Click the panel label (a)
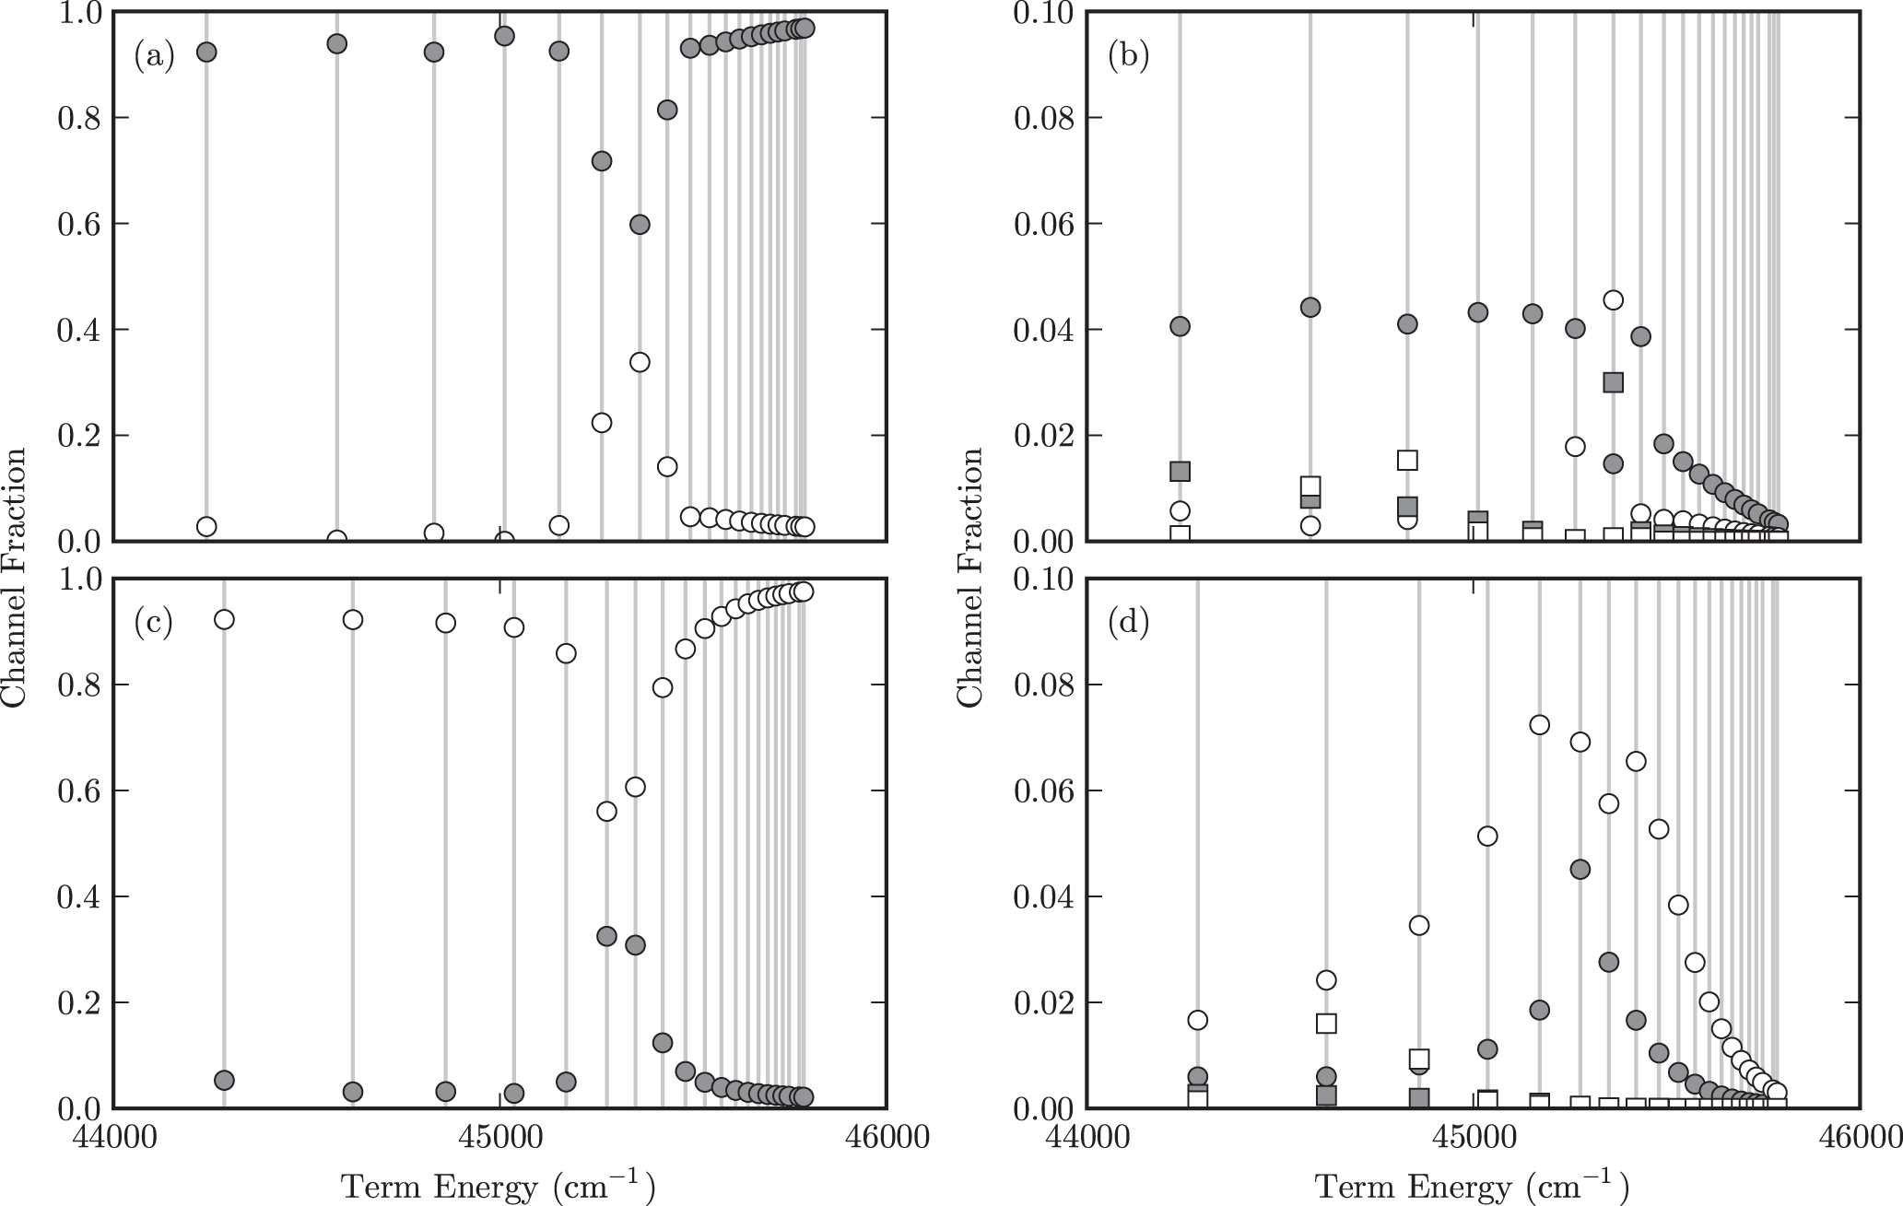coord(154,57)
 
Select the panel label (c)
coord(153,624)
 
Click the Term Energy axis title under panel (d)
coord(1472,1186)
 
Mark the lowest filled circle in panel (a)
coord(640,225)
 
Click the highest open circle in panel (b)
coord(1613,299)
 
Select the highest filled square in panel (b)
coord(1613,382)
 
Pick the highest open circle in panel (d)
coord(1539,725)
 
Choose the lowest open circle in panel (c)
coord(606,811)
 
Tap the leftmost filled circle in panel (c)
coord(224,1080)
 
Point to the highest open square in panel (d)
coord(1326,1024)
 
